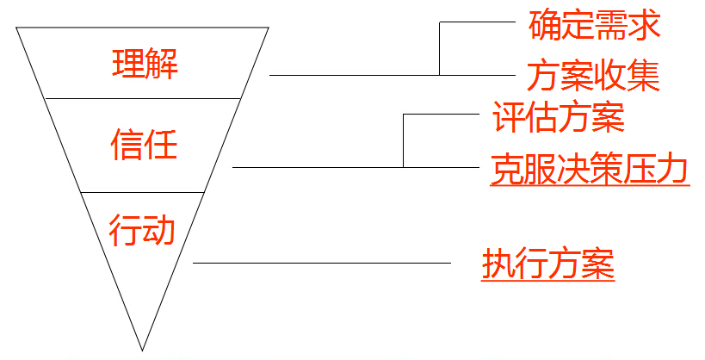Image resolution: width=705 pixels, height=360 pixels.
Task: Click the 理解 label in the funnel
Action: (145, 64)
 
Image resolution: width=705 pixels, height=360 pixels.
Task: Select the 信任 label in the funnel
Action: (144, 144)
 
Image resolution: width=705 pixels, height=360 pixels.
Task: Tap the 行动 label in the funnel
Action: (142, 231)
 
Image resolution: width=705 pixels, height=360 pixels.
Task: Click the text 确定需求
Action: (594, 26)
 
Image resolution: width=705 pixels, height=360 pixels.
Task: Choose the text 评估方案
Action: (559, 118)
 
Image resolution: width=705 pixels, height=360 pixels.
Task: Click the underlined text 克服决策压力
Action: (590, 169)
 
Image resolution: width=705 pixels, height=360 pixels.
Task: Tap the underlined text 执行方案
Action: (548, 264)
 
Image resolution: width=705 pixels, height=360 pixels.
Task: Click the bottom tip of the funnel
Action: (142, 349)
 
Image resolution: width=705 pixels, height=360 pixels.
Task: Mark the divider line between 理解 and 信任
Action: (142, 99)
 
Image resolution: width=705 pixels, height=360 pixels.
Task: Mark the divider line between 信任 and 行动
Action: (142, 192)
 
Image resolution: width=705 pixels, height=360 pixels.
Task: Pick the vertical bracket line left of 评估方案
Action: (404, 140)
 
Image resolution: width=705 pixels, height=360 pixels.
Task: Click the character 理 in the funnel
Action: (127, 64)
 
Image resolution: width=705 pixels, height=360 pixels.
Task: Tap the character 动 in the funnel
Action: (159, 231)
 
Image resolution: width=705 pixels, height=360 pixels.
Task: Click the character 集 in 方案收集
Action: (643, 77)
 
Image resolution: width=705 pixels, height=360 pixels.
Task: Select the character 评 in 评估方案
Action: (508, 118)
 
